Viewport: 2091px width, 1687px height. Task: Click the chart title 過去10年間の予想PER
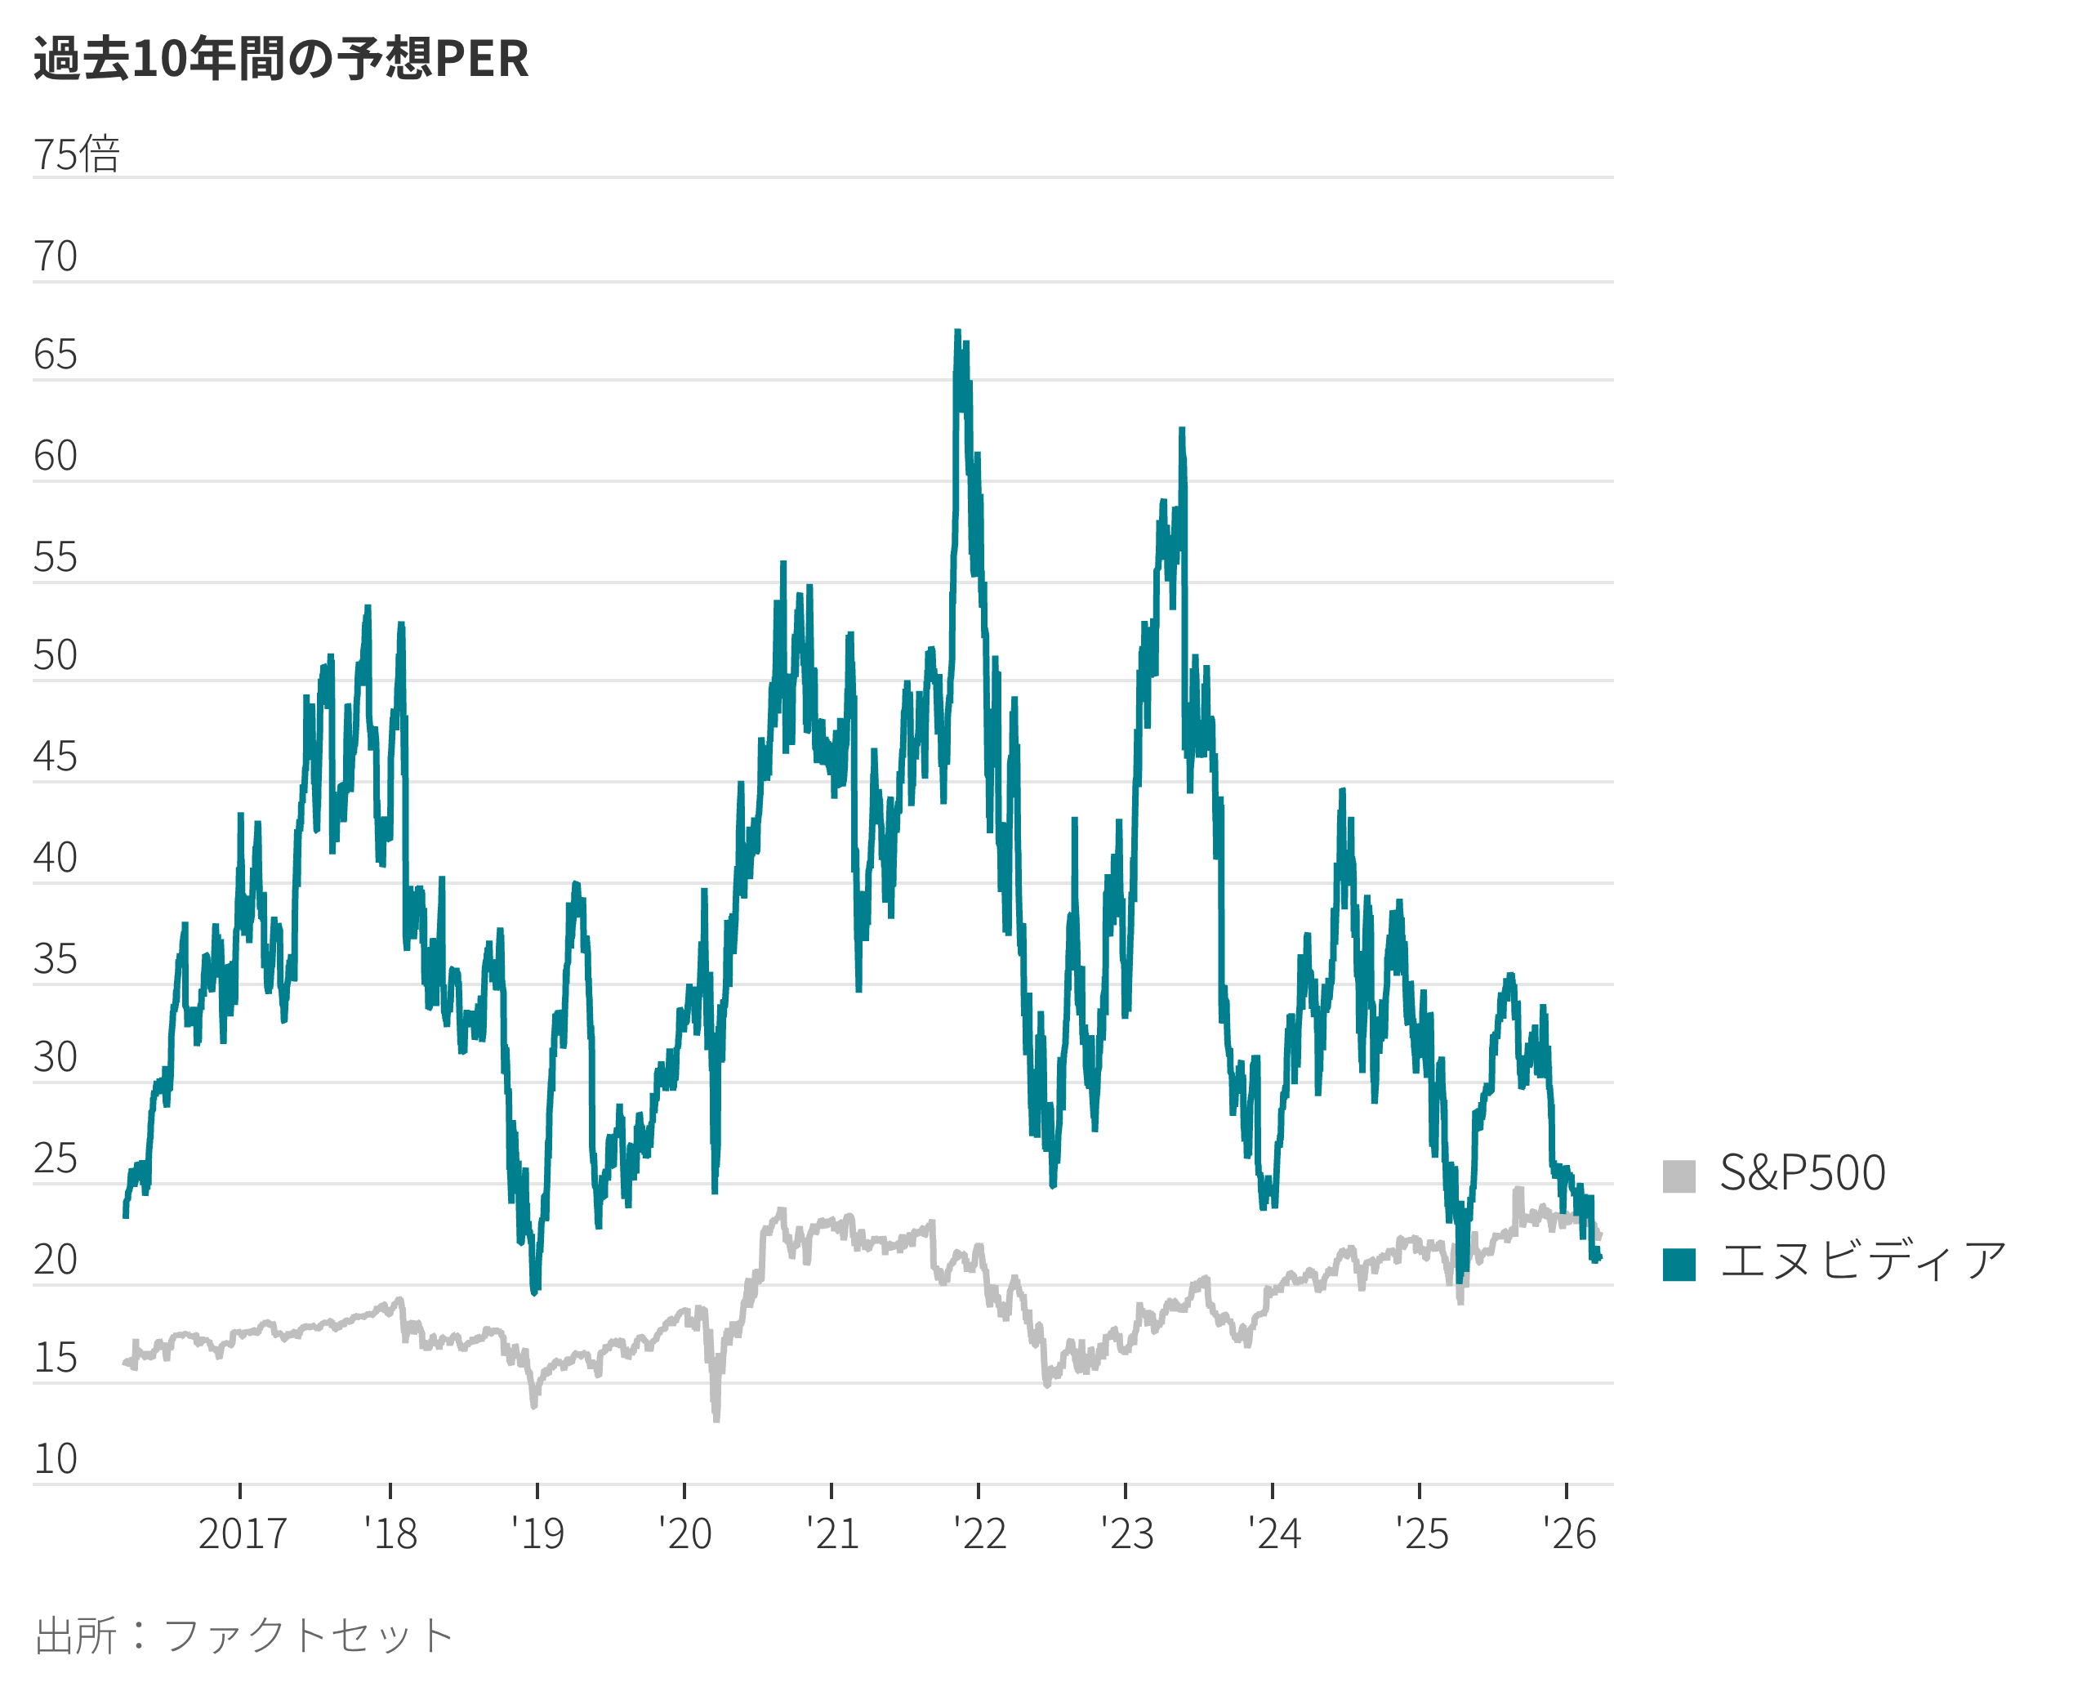(281, 58)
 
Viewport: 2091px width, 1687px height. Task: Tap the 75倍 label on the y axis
(77, 154)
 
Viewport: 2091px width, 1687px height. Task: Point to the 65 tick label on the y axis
(56, 355)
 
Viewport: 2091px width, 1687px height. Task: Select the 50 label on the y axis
(56, 656)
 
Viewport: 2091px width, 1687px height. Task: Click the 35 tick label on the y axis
(56, 959)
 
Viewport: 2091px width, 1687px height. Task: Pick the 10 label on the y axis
(56, 1458)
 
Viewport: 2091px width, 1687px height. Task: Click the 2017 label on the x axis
(242, 1534)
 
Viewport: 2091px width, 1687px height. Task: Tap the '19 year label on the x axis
(537, 1534)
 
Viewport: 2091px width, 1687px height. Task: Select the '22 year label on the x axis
(979, 1534)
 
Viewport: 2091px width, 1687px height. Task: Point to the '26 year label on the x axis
(1569, 1534)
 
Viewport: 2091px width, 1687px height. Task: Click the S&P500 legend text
(1803, 1173)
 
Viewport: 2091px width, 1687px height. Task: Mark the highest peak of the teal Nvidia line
(957, 333)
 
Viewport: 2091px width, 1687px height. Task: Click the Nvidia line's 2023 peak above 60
(1182, 431)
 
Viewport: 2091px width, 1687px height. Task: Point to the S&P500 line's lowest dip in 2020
(716, 1418)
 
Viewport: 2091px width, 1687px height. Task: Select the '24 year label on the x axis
(1274, 1534)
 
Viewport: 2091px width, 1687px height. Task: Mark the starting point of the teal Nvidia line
(125, 1214)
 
